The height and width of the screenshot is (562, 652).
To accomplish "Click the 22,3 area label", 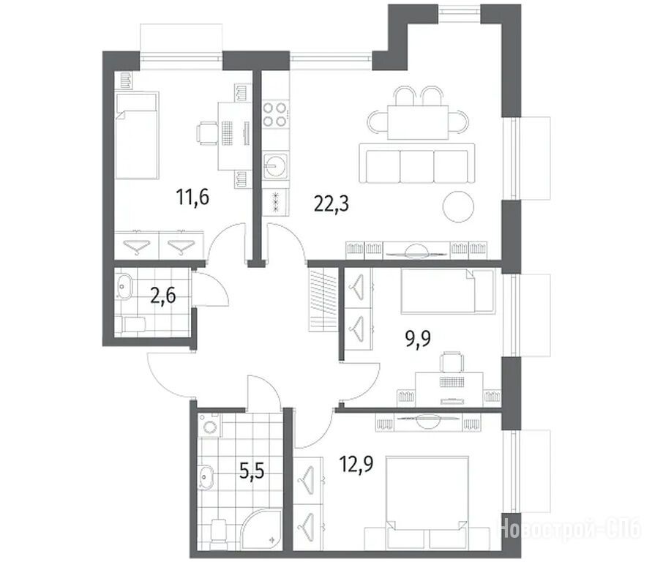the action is click(331, 203).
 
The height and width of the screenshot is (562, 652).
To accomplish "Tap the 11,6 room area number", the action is click(192, 197).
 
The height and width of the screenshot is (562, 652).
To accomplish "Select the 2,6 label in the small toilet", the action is click(163, 296).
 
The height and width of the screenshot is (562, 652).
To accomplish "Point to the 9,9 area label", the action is click(418, 338).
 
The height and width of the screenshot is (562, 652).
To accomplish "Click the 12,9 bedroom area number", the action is click(356, 464).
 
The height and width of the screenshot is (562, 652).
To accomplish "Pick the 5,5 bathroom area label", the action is click(252, 472).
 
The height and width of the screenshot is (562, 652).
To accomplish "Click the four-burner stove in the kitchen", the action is click(275, 114).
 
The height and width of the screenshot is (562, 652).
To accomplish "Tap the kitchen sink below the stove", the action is click(275, 166).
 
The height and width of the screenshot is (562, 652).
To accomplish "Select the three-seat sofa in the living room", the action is click(417, 163).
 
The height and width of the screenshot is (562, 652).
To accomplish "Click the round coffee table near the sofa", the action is click(458, 206).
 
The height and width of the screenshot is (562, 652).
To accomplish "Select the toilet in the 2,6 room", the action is click(130, 325).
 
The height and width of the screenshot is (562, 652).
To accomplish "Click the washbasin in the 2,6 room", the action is click(124, 285).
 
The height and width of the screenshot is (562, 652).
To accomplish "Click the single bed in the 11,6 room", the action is click(137, 135).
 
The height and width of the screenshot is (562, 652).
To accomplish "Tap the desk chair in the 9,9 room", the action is click(451, 362).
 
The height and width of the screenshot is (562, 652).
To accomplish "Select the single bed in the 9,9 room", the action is click(448, 291).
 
